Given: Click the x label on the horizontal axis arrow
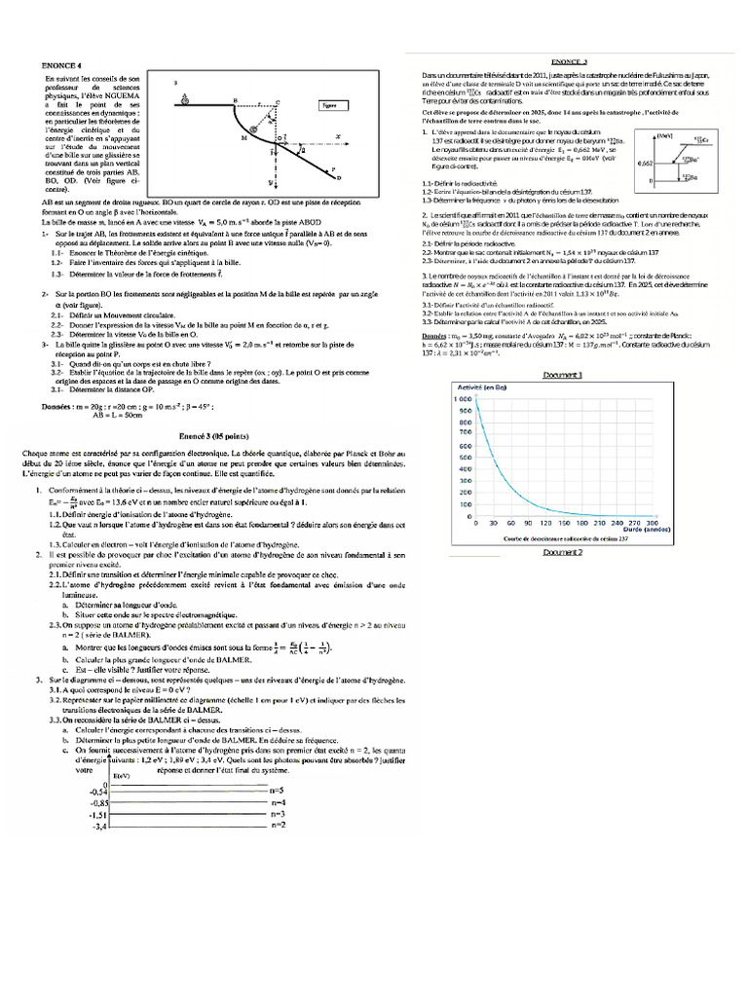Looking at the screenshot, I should [x=338, y=136].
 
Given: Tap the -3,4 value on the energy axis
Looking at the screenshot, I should [x=97, y=827].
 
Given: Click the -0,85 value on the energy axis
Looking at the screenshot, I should [x=94, y=802].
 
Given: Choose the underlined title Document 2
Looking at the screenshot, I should [x=562, y=552].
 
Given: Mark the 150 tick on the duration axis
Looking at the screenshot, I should [x=564, y=523].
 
